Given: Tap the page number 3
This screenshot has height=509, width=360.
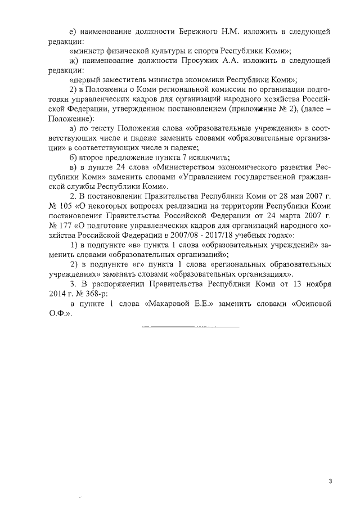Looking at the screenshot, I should [331, 481].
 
